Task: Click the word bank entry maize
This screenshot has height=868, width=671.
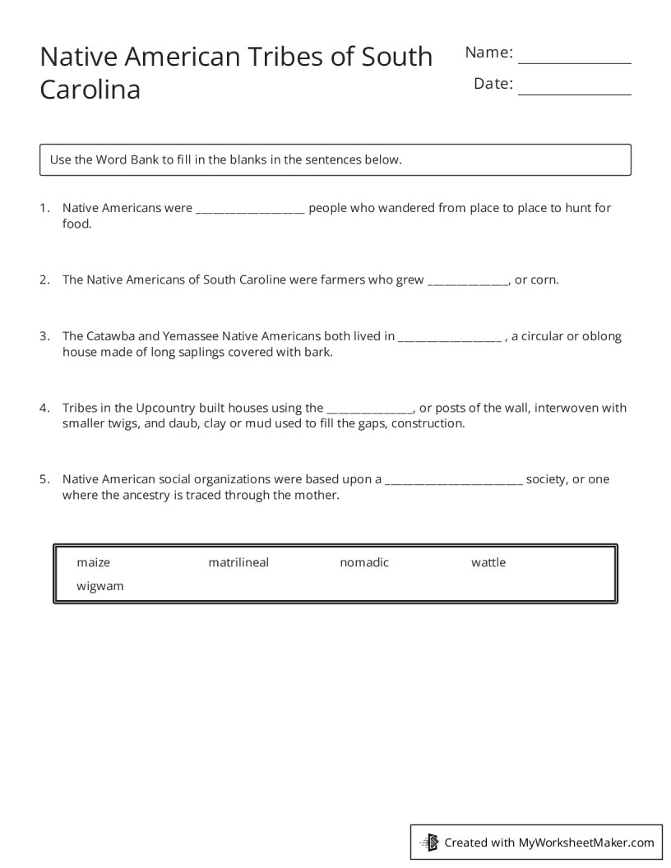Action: pyautogui.click(x=93, y=563)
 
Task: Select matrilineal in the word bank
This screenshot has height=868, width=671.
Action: pyautogui.click(x=238, y=563)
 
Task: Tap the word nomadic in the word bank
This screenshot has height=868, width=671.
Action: pyautogui.click(x=364, y=563)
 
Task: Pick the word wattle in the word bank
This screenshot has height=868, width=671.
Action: pyautogui.click(x=488, y=563)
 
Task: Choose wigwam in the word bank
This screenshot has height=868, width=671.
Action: pyautogui.click(x=100, y=587)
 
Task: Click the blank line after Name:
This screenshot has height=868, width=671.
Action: pyautogui.click(x=574, y=58)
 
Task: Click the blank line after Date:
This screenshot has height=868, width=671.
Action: pyautogui.click(x=574, y=89)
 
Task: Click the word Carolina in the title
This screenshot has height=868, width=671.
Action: pyautogui.click(x=90, y=90)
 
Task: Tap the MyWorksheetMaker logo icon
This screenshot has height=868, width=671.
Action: pyautogui.click(x=429, y=842)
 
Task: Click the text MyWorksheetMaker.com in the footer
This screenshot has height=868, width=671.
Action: pyautogui.click(x=586, y=843)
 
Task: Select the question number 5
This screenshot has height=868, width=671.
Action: pyautogui.click(x=44, y=479)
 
